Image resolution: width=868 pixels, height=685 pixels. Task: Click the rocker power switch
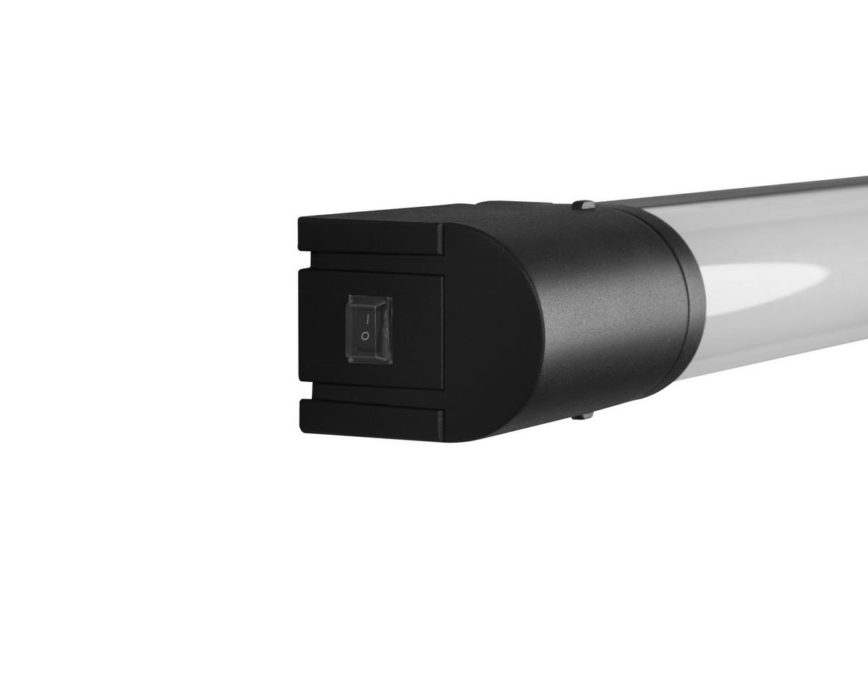click(370, 329)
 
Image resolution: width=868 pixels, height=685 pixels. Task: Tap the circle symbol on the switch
click(366, 336)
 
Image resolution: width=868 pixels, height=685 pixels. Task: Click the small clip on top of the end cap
click(583, 205)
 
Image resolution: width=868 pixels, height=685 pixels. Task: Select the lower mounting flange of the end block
click(369, 420)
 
